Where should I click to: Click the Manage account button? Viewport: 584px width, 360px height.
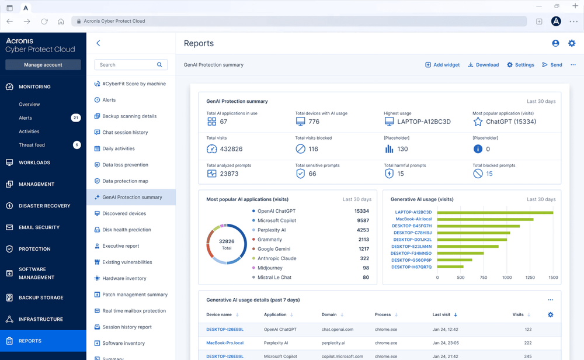43,65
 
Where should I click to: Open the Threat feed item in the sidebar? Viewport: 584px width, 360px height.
32,145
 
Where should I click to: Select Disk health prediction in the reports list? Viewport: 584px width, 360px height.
126,230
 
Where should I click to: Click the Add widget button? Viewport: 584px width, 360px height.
442,65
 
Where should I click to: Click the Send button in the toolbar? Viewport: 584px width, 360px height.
552,65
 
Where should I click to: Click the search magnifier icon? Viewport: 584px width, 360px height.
159,65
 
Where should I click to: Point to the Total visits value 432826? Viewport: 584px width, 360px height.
231,149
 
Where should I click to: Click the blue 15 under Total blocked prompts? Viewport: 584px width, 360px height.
489,174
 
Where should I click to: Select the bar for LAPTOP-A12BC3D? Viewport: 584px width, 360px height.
495,212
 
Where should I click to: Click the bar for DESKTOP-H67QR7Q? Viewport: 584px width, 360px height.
450,267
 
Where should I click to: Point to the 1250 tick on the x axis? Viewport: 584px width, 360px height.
530,278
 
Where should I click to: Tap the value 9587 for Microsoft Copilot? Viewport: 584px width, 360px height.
363,220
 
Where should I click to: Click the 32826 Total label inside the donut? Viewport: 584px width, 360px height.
227,244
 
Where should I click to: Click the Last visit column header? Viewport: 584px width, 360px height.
442,314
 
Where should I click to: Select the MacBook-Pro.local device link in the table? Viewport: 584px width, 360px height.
225,343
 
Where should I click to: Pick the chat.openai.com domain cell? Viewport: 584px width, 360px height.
337,330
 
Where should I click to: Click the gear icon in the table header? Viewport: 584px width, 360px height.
550,314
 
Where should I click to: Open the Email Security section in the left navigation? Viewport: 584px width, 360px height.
39,227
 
